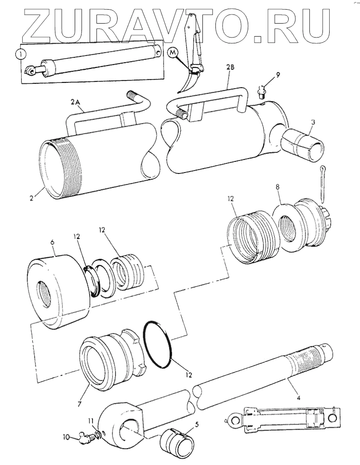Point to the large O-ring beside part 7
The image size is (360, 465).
pyautogui.click(x=160, y=344)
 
